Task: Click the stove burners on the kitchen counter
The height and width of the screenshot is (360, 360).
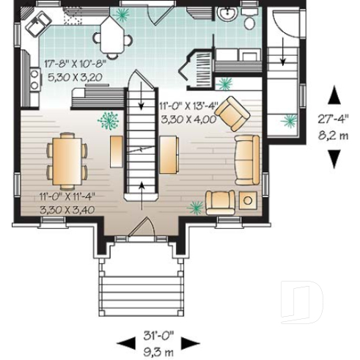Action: (34, 78)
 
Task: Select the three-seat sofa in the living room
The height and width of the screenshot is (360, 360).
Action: (246, 158)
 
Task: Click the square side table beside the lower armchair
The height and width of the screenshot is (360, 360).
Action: (248, 200)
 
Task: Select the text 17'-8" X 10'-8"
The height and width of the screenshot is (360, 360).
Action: (75, 63)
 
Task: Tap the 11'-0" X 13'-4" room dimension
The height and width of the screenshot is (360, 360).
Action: (188, 106)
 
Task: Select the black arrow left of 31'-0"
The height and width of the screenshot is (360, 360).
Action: (125, 342)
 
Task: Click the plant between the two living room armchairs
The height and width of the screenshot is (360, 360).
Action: (196, 208)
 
